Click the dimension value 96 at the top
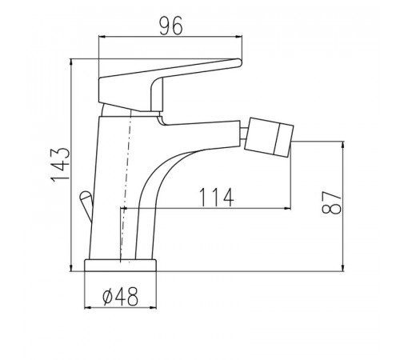[x=171, y=26]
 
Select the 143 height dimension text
[x=61, y=165]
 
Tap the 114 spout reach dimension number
[x=216, y=198]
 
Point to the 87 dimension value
[x=331, y=202]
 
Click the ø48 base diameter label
[x=121, y=297]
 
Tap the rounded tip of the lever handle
[x=239, y=62]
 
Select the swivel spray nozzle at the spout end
[x=269, y=137]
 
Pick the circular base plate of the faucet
[x=120, y=266]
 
